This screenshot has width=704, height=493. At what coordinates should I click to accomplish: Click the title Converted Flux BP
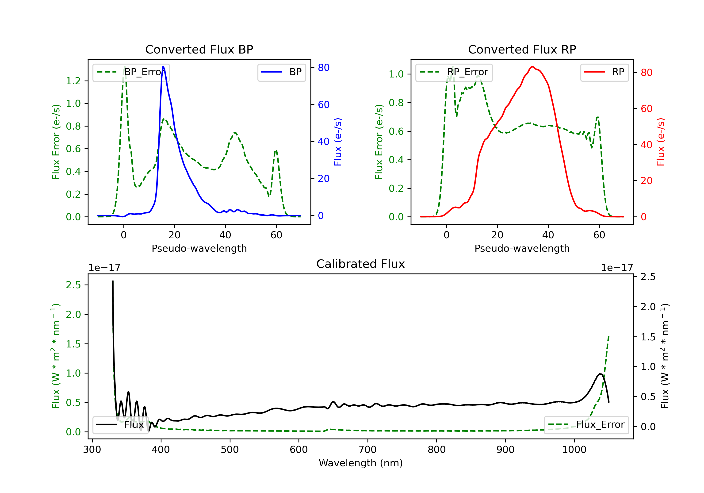tap(199, 49)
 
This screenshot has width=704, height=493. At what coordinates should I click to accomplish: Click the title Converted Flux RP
tap(522, 49)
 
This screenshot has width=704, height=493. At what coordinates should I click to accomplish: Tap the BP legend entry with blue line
tap(282, 72)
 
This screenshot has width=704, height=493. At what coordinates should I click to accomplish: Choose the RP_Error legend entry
tap(454, 72)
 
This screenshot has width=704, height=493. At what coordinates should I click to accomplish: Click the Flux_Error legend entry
tap(586, 425)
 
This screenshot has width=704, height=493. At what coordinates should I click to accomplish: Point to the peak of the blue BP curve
tap(163, 67)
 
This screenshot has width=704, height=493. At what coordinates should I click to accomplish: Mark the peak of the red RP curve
tap(532, 67)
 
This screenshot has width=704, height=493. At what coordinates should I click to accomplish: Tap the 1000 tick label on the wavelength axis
tap(574, 450)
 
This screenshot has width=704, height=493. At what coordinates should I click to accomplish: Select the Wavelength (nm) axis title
tap(361, 463)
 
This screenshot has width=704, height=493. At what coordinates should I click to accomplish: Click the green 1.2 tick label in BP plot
tap(73, 81)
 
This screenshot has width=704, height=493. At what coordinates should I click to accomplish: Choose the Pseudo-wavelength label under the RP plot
tap(522, 248)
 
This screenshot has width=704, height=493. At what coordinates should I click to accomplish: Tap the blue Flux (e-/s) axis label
tap(338, 142)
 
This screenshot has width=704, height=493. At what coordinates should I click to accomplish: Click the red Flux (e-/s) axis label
tap(660, 142)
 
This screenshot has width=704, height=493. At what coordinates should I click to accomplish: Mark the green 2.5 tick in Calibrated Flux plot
tap(73, 285)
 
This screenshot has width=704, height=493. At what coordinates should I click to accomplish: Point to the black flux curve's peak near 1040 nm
tap(600, 374)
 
